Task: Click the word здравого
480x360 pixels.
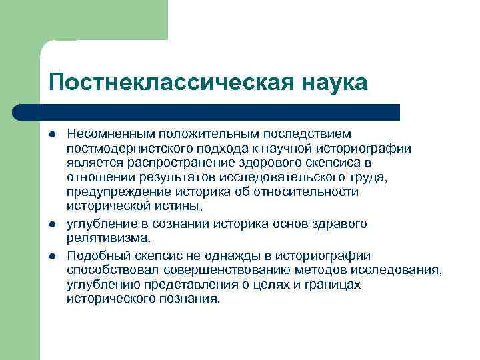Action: point(340,224)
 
